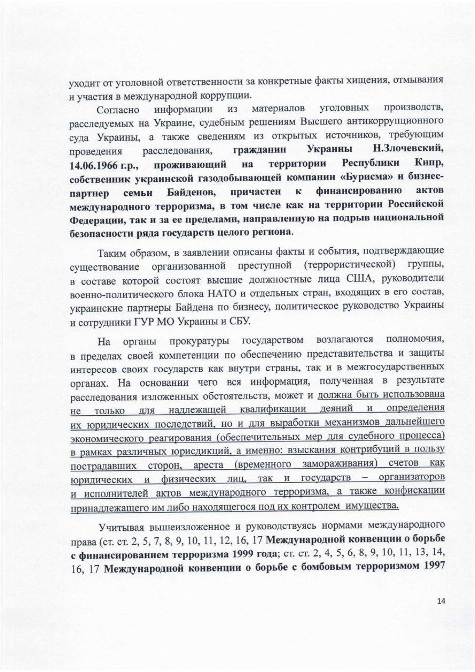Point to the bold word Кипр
tap(429, 163)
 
